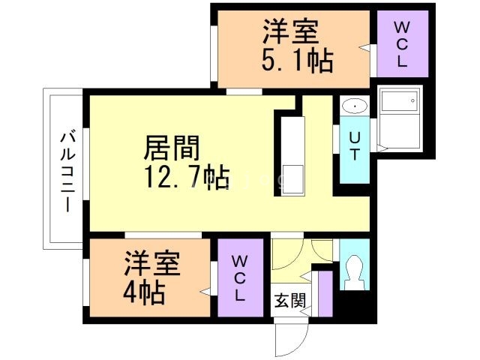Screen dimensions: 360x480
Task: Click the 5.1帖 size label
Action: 298,60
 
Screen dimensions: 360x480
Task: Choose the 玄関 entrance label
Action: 289,301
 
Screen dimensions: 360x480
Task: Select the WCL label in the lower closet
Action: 239,278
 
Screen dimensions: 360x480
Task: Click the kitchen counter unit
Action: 292,155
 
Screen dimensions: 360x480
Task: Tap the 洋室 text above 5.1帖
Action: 290,33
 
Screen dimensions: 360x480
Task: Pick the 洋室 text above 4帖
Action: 153,264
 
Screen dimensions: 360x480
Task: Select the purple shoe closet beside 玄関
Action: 325,292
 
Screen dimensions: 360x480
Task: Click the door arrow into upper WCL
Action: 365,48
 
